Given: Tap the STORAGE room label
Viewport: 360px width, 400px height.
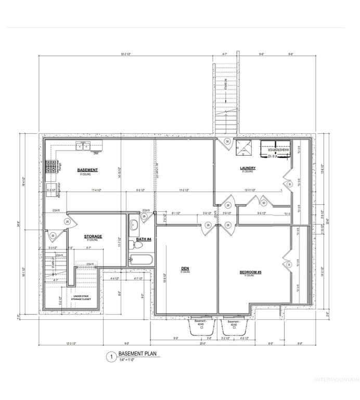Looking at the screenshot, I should coord(94,236).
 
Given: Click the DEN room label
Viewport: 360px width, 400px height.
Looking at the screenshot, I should coord(185,269).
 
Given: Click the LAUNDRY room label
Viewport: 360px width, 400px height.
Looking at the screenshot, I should coord(247,168).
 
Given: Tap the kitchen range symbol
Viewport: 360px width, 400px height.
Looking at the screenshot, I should coord(52,167).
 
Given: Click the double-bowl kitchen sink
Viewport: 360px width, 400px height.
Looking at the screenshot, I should coord(83,147).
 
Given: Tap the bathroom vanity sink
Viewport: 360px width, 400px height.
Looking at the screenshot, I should coord(133,225).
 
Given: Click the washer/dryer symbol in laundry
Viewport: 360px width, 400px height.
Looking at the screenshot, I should coord(274,148).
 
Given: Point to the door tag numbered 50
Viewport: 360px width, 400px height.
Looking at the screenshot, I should coord(264,203).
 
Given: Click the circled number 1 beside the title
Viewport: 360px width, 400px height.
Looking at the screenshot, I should coord(110,357).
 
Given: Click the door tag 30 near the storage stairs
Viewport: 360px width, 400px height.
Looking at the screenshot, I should coord(53,236).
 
